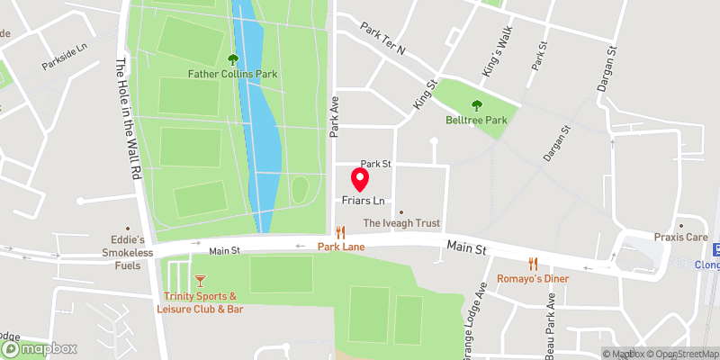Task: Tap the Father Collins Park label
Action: point(232,74)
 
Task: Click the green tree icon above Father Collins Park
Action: point(233,59)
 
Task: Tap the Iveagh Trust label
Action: point(400,222)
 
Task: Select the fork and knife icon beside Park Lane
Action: point(340,231)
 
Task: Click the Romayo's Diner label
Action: point(534,278)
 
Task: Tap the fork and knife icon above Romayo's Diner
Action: point(534,264)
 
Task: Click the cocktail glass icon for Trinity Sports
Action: point(200,282)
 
